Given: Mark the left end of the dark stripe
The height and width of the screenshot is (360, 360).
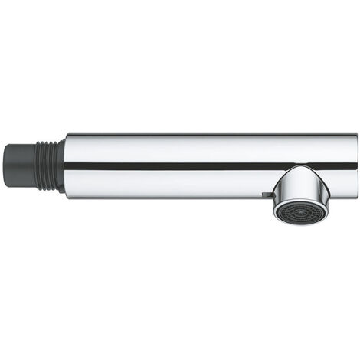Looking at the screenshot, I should [66, 165].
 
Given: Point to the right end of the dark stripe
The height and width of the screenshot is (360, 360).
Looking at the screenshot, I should [355, 165].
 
